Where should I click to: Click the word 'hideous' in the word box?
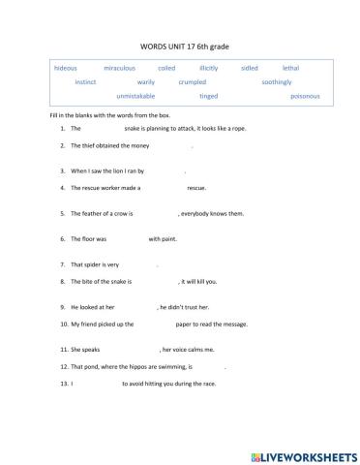pos(66,68)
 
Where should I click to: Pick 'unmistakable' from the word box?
pos(135,97)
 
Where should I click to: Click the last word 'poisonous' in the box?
pos(305,97)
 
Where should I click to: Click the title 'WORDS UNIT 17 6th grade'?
pos(180,46)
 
